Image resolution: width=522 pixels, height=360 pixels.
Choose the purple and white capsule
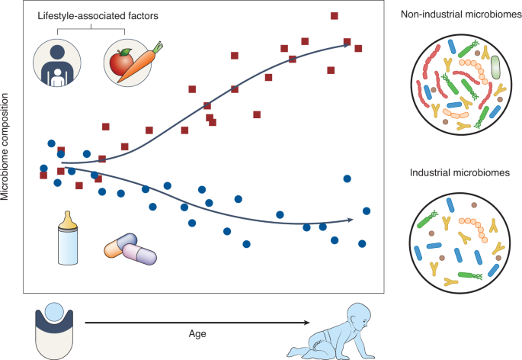tap(139, 252)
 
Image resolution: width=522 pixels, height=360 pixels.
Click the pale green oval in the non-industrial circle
tap(495, 67)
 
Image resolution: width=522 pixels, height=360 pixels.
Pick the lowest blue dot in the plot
tap(246, 244)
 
